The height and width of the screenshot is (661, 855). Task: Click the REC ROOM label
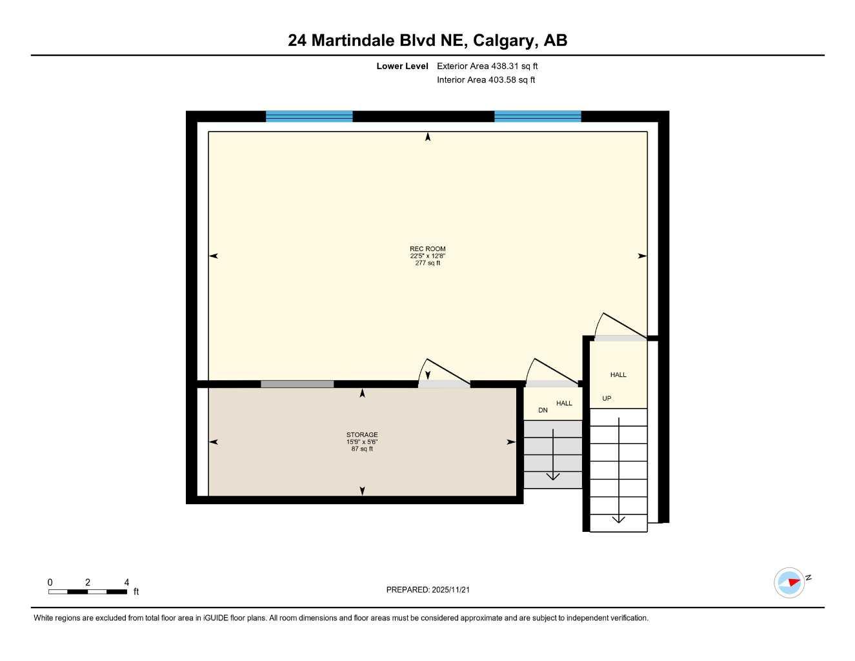427,249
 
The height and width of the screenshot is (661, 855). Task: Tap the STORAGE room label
362,434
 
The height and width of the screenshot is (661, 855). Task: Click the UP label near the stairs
607,398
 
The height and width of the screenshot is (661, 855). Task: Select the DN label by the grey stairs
543,410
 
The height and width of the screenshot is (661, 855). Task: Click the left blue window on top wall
309,116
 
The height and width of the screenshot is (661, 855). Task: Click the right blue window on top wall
538,116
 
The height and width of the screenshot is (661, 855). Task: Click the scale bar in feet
88,591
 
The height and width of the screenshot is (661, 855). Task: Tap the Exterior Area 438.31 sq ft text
487,66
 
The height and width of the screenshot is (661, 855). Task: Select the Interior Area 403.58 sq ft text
486,80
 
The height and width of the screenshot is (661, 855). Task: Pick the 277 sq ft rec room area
427,263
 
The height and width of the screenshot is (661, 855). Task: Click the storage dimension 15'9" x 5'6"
362,442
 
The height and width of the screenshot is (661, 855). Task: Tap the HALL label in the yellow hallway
618,374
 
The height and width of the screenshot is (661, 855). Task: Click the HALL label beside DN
564,403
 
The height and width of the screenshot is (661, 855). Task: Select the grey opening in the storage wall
297,384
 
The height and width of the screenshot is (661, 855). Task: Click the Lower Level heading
402,66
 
